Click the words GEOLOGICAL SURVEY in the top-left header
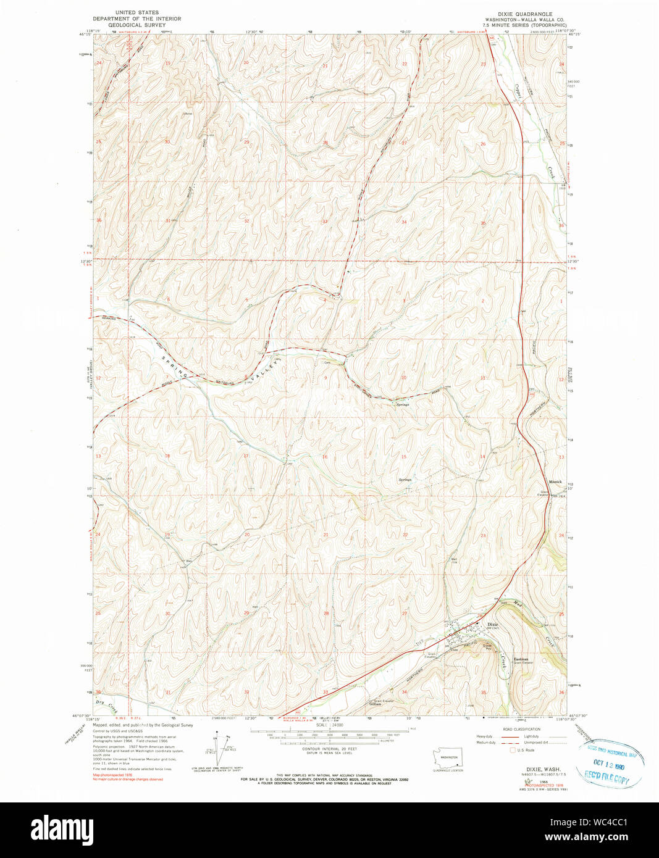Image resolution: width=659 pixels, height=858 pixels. (133, 25)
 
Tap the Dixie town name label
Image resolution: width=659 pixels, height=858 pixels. (492, 624)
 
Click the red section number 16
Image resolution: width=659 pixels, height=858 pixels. (325, 457)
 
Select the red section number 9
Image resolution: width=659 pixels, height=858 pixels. (325, 377)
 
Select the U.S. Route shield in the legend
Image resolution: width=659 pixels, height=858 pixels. (512, 751)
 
